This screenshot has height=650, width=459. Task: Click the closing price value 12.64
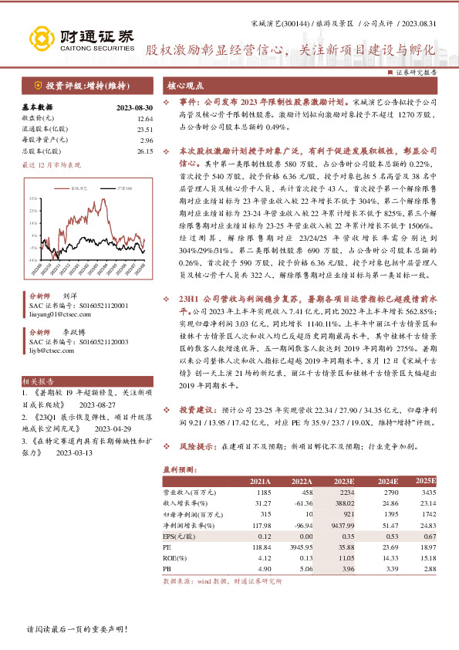145,119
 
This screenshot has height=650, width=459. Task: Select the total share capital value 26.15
145,151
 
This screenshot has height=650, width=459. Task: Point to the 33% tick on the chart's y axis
33,198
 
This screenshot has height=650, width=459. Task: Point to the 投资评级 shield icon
38,86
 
